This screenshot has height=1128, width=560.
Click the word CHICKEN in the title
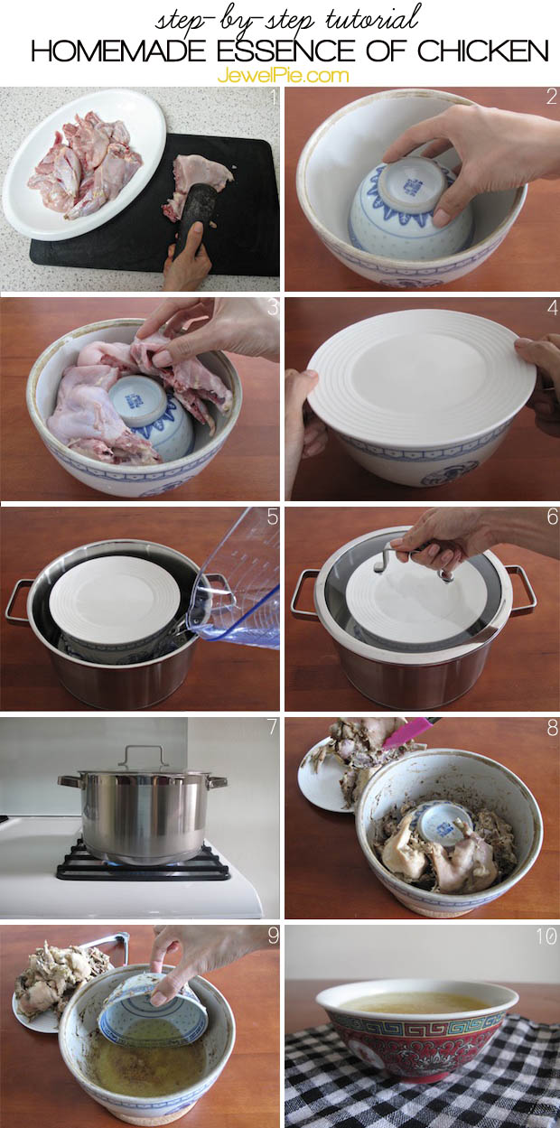pyautogui.click(x=483, y=51)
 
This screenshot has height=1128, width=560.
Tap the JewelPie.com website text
pyautogui.click(x=283, y=76)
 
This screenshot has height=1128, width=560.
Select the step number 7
pyautogui.click(x=272, y=727)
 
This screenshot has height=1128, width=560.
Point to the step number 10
pyautogui.click(x=546, y=936)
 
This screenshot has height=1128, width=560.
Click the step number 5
pyautogui.click(x=273, y=517)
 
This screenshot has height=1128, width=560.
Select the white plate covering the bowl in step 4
pyautogui.click(x=421, y=378)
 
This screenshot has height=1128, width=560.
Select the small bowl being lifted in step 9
pyautogui.click(x=153, y=1008)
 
